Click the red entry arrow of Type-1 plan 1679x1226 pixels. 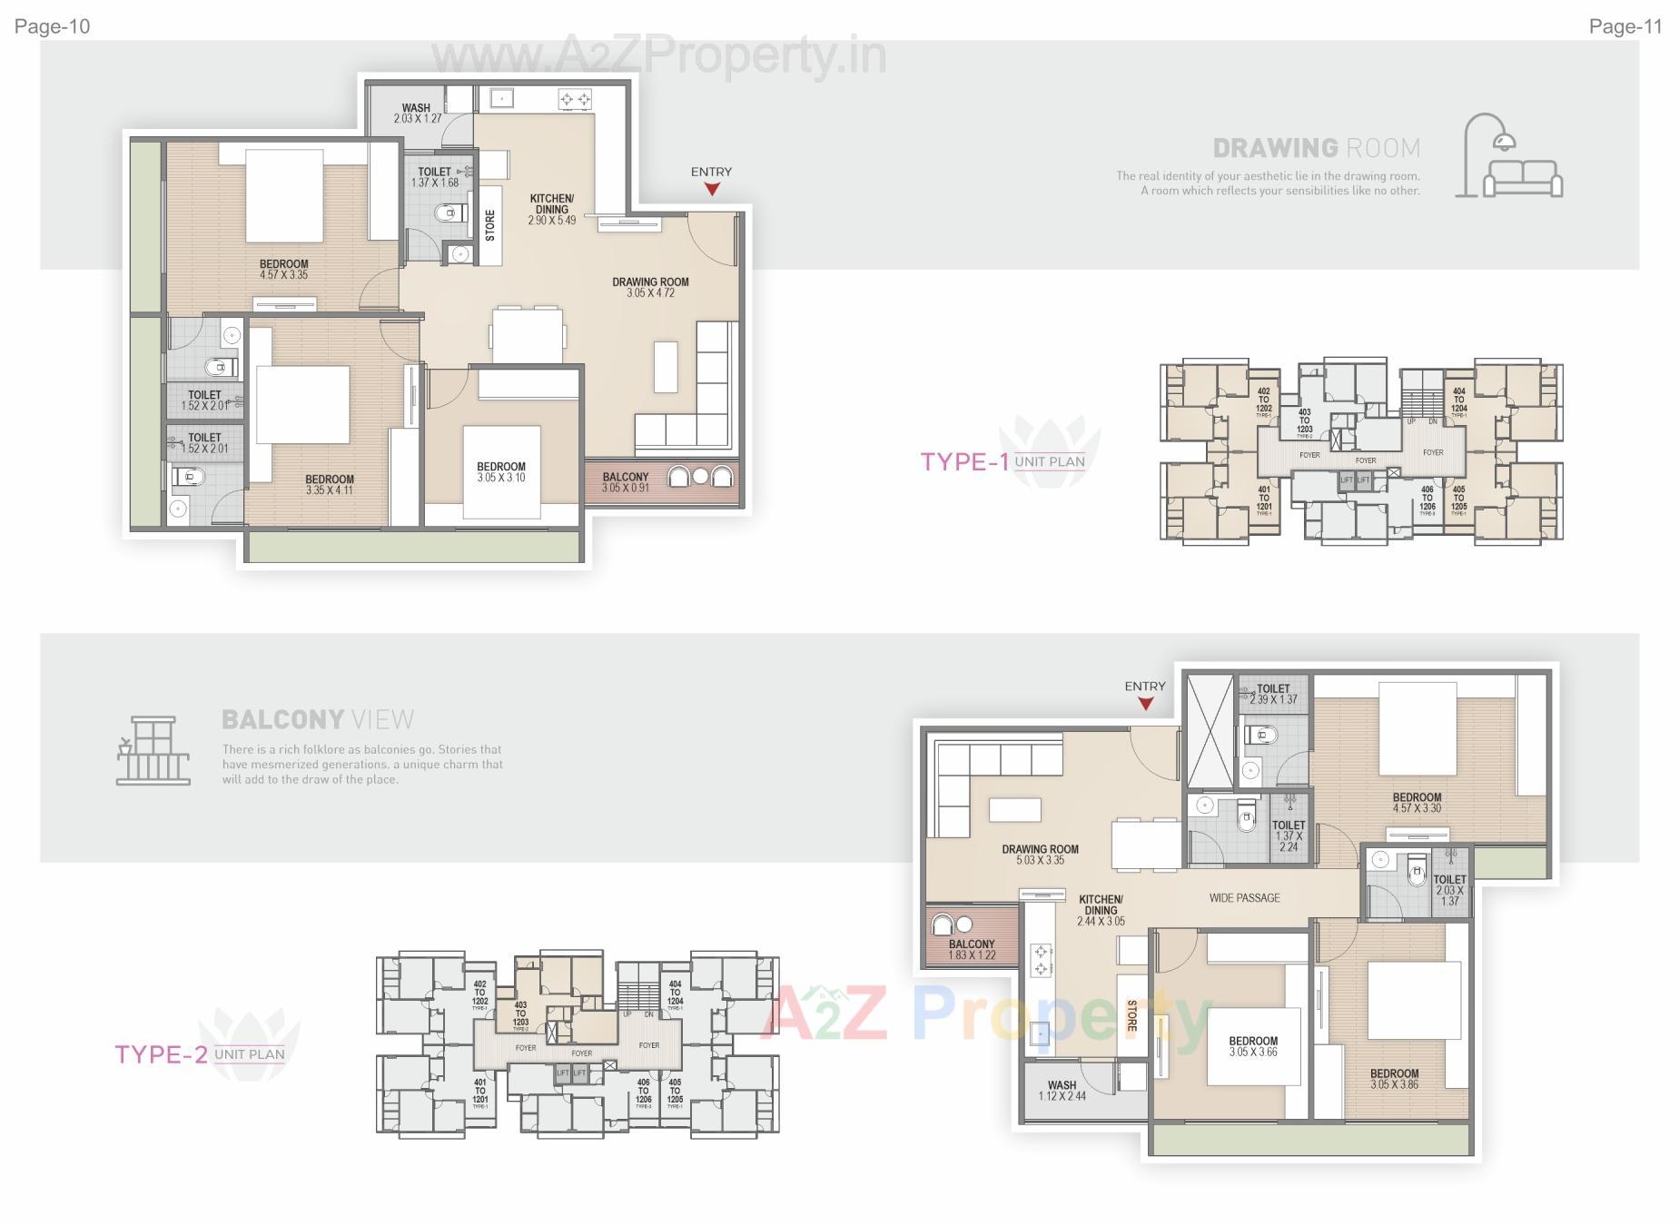[x=712, y=189]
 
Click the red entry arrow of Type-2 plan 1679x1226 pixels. [x=1145, y=704]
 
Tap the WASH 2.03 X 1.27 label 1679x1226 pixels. [x=417, y=114]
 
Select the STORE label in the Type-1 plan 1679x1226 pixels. [x=490, y=225]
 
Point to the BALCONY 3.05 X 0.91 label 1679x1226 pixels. [x=626, y=482]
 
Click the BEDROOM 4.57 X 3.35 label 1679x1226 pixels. [x=284, y=270]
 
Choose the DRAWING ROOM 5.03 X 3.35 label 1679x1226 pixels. [x=1040, y=855]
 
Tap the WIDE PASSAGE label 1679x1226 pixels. [x=1244, y=898]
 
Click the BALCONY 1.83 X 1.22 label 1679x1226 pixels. [x=972, y=949]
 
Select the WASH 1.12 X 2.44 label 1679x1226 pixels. [x=1062, y=1091]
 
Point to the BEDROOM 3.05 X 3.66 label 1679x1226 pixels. [x=1253, y=1046]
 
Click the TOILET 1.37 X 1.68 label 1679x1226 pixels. [x=435, y=177]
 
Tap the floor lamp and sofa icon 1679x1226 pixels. [x=1507, y=156]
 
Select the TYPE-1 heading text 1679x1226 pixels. [x=964, y=462]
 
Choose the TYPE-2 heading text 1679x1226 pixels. [x=161, y=1054]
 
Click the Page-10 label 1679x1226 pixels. [x=53, y=26]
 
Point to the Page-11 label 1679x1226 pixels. [x=1625, y=26]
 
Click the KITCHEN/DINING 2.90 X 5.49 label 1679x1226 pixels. [x=551, y=209]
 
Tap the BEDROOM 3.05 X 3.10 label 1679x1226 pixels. [x=501, y=472]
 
